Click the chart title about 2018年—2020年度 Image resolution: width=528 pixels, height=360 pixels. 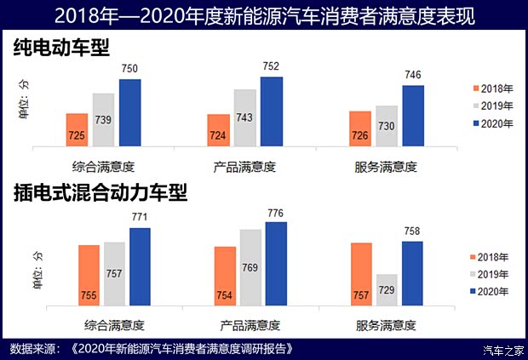point(264,15)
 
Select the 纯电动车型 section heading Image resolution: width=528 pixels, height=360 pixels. point(62,49)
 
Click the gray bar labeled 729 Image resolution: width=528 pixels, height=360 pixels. point(387,292)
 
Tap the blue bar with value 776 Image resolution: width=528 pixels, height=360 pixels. point(276,266)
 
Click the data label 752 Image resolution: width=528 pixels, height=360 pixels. point(270,67)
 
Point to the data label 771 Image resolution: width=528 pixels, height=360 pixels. point(140,218)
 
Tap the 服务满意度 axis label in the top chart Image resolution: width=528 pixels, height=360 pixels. point(386,166)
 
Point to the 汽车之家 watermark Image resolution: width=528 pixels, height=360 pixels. point(499,349)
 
